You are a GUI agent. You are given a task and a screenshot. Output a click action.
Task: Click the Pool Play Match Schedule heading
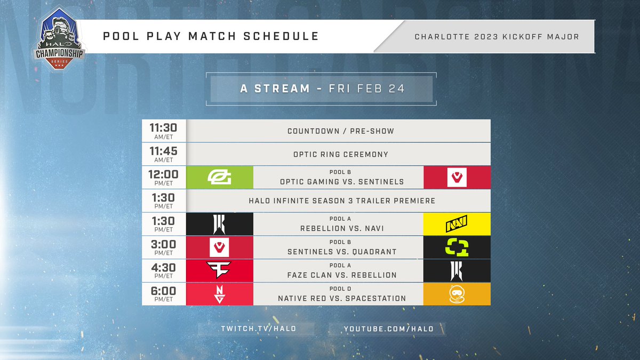pos(211,36)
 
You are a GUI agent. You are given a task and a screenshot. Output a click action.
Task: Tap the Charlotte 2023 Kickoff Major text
pos(497,37)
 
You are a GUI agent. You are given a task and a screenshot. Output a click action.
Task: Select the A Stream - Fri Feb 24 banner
pos(322,89)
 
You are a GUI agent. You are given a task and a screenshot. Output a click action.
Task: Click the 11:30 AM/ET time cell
pos(163,131)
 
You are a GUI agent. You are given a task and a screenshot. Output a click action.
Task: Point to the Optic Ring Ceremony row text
pos(340,155)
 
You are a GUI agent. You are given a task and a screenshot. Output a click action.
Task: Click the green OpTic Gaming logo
pos(219,177)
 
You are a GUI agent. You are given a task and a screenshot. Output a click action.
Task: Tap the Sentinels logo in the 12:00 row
pos(457,177)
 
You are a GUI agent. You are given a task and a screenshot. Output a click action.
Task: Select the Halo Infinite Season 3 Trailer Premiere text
pos(342,201)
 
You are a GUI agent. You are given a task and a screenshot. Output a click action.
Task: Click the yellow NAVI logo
pos(457,224)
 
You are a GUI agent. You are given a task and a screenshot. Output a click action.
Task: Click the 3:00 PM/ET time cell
pos(163,247)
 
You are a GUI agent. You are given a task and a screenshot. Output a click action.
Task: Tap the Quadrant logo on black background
pos(457,247)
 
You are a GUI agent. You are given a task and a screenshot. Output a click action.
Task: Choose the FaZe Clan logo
pos(219,270)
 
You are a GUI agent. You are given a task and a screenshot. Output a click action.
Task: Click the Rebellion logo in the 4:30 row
pos(457,270)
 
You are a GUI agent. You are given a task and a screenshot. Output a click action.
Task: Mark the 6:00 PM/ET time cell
pos(163,294)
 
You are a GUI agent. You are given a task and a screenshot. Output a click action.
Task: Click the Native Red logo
pos(219,294)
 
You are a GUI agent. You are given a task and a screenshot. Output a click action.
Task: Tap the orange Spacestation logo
pos(457,294)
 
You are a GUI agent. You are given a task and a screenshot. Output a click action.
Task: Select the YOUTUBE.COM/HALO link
pos(388,329)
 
